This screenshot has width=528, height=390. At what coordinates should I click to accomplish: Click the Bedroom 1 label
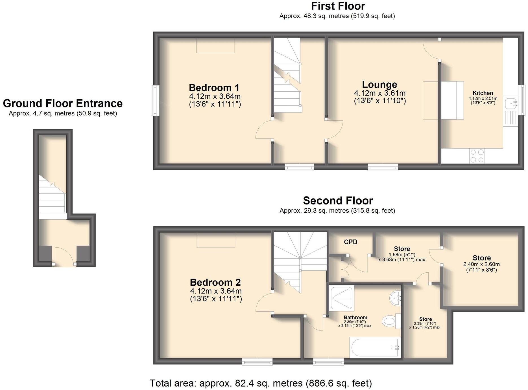(214, 88)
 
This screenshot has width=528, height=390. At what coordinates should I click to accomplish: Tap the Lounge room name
(379, 85)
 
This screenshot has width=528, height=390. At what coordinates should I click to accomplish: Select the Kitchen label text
(483, 93)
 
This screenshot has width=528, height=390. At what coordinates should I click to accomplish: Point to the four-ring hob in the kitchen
(477, 156)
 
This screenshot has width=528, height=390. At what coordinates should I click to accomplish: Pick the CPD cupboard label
(350, 242)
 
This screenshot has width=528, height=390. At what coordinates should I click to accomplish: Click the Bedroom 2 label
(215, 282)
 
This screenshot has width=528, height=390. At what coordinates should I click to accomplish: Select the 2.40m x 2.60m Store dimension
(481, 264)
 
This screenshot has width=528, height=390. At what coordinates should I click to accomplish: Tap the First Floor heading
(338, 6)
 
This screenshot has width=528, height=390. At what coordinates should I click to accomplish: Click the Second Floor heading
(338, 201)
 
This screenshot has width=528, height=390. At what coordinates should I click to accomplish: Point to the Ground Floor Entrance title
(63, 103)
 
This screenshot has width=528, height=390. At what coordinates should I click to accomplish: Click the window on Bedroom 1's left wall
(155, 100)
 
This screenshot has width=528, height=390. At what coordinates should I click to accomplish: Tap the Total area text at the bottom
(261, 383)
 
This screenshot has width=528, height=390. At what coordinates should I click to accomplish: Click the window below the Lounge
(383, 168)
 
